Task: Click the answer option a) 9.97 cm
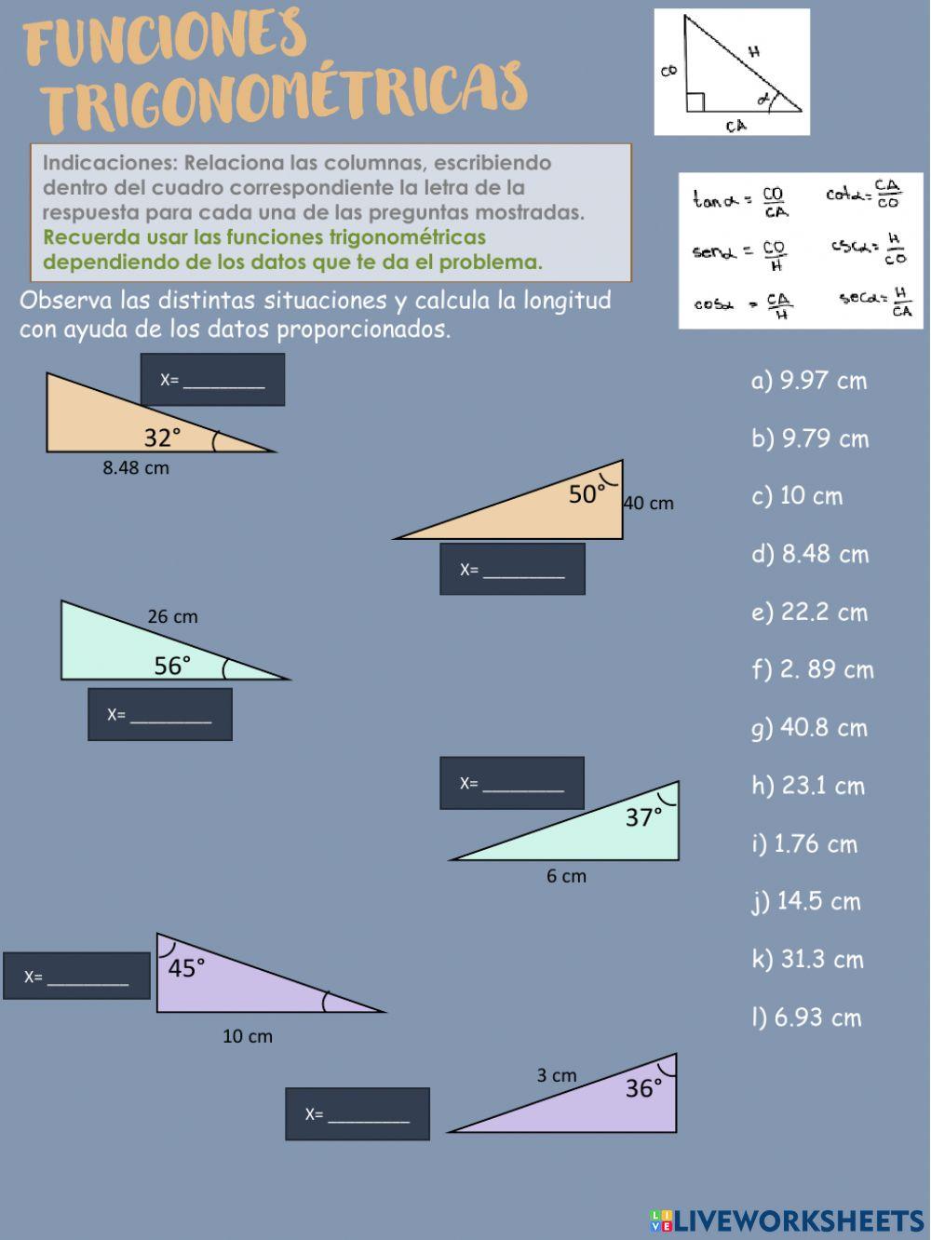pyautogui.click(x=808, y=381)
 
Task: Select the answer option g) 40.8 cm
pyautogui.click(x=808, y=728)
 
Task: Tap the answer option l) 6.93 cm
pyautogui.click(x=806, y=1018)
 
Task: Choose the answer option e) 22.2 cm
pyautogui.click(x=808, y=613)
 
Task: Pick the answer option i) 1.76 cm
pyautogui.click(x=804, y=844)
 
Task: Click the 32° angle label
pyautogui.click(x=162, y=438)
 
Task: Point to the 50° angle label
pyautogui.click(x=587, y=494)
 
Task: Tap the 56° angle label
pyautogui.click(x=172, y=666)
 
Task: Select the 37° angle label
pyautogui.click(x=643, y=817)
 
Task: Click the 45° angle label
pyautogui.click(x=186, y=968)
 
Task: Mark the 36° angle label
pyautogui.click(x=643, y=1088)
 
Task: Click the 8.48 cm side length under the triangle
pyautogui.click(x=136, y=468)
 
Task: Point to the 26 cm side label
pyautogui.click(x=172, y=616)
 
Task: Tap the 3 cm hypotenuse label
pyautogui.click(x=556, y=1075)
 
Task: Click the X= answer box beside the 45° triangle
pyautogui.click(x=76, y=977)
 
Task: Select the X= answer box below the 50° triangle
pyautogui.click(x=512, y=569)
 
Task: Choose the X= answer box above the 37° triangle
pyautogui.click(x=512, y=783)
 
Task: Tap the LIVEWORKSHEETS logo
pyautogui.click(x=787, y=1220)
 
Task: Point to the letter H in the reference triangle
pyautogui.click(x=754, y=52)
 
